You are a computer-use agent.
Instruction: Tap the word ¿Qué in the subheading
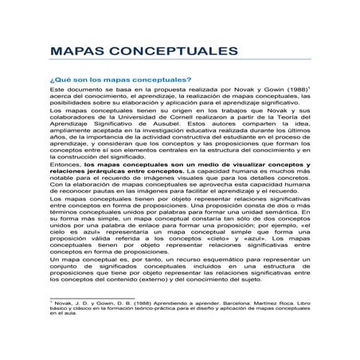click(x=60, y=80)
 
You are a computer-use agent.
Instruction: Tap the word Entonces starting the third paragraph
click(x=65, y=184)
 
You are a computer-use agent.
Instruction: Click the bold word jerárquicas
click(x=105, y=193)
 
